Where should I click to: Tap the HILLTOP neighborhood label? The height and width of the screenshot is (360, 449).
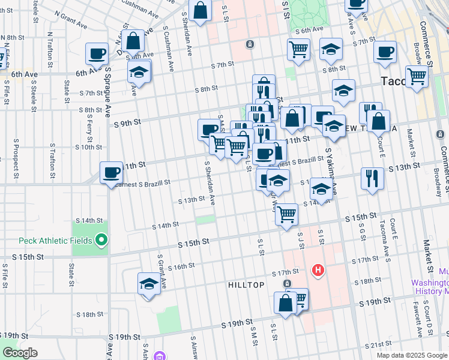click(x=246, y=285)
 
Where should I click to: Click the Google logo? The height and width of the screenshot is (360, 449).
click(x=20, y=353)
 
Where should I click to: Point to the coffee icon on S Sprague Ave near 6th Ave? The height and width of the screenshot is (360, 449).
click(x=96, y=55)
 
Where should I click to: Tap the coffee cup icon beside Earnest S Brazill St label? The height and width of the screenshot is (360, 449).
click(x=111, y=173)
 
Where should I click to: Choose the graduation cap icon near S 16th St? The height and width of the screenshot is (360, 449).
click(x=148, y=284)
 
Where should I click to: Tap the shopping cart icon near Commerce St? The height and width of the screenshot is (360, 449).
click(x=417, y=77)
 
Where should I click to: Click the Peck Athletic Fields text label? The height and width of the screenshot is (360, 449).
click(x=55, y=241)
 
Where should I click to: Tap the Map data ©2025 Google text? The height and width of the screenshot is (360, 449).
click(x=411, y=355)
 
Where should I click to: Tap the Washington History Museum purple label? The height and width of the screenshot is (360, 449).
click(x=431, y=287)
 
